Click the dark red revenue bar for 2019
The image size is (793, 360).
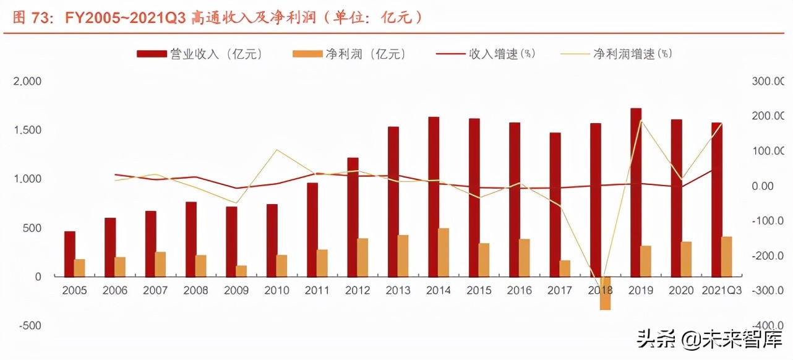point(636,192)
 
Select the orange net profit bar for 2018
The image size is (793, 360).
point(605,293)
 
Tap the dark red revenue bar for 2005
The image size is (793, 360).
point(70,254)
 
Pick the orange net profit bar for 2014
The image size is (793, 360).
point(444,252)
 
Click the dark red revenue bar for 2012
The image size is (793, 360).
point(353,217)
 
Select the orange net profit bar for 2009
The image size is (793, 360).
point(241,271)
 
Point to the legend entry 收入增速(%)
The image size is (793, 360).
point(486,54)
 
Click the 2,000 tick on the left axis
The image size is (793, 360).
point(27,81)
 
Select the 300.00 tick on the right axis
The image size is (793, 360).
point(769,81)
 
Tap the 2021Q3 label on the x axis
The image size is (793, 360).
point(719,291)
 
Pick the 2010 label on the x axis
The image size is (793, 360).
point(276,291)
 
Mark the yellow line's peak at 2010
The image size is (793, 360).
point(276,150)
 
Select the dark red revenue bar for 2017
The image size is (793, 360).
point(555,204)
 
